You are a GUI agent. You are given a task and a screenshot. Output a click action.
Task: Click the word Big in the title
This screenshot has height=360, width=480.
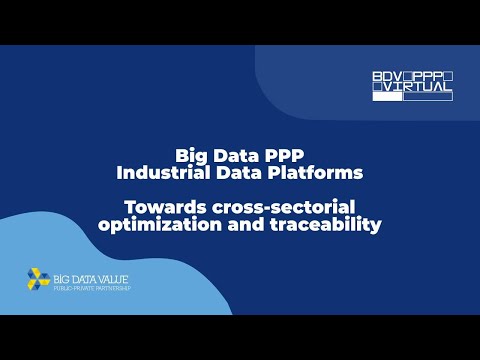[191, 156]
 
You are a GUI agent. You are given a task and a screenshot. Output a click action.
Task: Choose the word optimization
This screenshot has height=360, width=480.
[154, 224]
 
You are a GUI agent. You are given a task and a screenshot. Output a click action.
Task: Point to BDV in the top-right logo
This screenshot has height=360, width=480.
[385, 77]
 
